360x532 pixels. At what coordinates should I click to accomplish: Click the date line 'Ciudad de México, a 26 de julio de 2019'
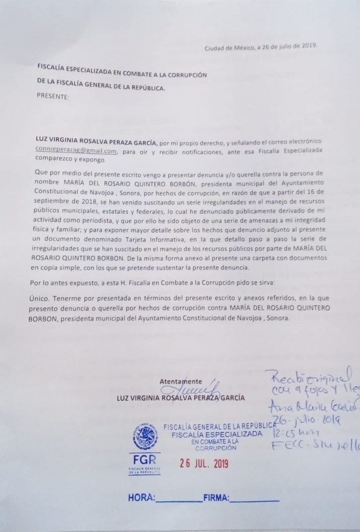(260, 47)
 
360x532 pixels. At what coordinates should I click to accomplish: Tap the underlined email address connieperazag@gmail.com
(77, 150)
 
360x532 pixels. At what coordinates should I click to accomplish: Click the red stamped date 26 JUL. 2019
(204, 463)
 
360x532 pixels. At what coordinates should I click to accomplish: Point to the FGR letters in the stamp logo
(144, 460)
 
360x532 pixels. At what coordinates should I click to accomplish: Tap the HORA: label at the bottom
(141, 498)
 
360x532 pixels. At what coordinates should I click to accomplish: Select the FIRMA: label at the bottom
(215, 498)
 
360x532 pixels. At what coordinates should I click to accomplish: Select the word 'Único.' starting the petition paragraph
(40, 298)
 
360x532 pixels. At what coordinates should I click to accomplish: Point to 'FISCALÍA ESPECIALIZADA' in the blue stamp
(217, 434)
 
